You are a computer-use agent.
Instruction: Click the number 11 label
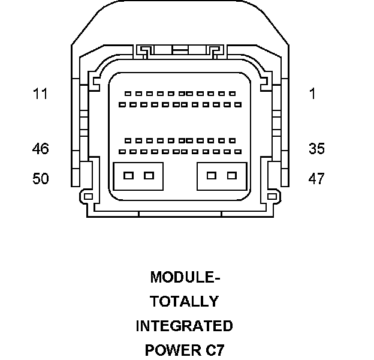[x=41, y=94]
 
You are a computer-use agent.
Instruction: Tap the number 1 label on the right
[x=312, y=94]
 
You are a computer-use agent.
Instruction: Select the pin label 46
[x=41, y=149]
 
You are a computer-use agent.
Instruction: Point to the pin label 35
[x=316, y=149]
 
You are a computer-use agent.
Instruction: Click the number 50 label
[x=41, y=179]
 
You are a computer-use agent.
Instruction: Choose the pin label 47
[x=316, y=179]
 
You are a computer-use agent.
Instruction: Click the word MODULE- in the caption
[x=185, y=277]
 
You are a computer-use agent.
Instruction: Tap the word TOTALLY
[x=184, y=301]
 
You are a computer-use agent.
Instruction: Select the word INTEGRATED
[x=184, y=326]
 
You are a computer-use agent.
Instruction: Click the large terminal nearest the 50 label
[x=128, y=176]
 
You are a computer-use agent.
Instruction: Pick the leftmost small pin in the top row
[x=128, y=94]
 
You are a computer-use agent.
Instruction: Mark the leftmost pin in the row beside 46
[x=122, y=151]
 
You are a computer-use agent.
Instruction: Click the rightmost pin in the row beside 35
[x=238, y=151]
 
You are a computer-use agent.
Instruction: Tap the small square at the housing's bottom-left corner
[x=88, y=196]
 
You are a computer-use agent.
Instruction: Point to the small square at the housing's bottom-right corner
[x=273, y=196]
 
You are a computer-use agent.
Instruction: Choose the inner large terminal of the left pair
[x=149, y=176]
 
